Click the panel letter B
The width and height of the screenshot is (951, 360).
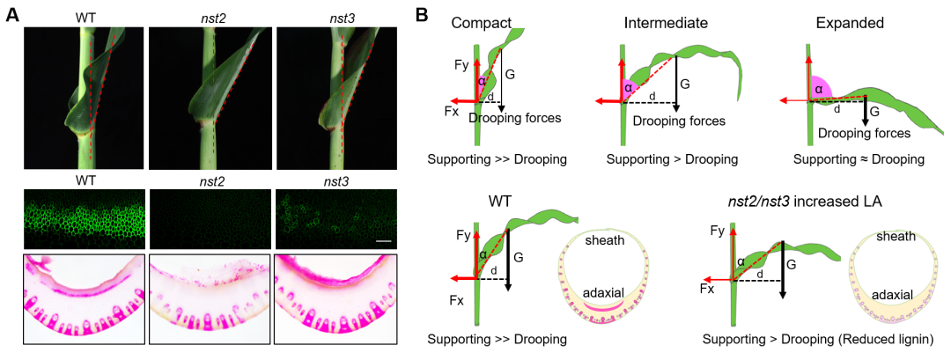tap(423, 15)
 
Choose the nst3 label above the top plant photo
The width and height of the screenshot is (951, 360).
tap(337, 16)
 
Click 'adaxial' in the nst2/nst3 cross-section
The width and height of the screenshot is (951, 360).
tap(891, 298)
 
